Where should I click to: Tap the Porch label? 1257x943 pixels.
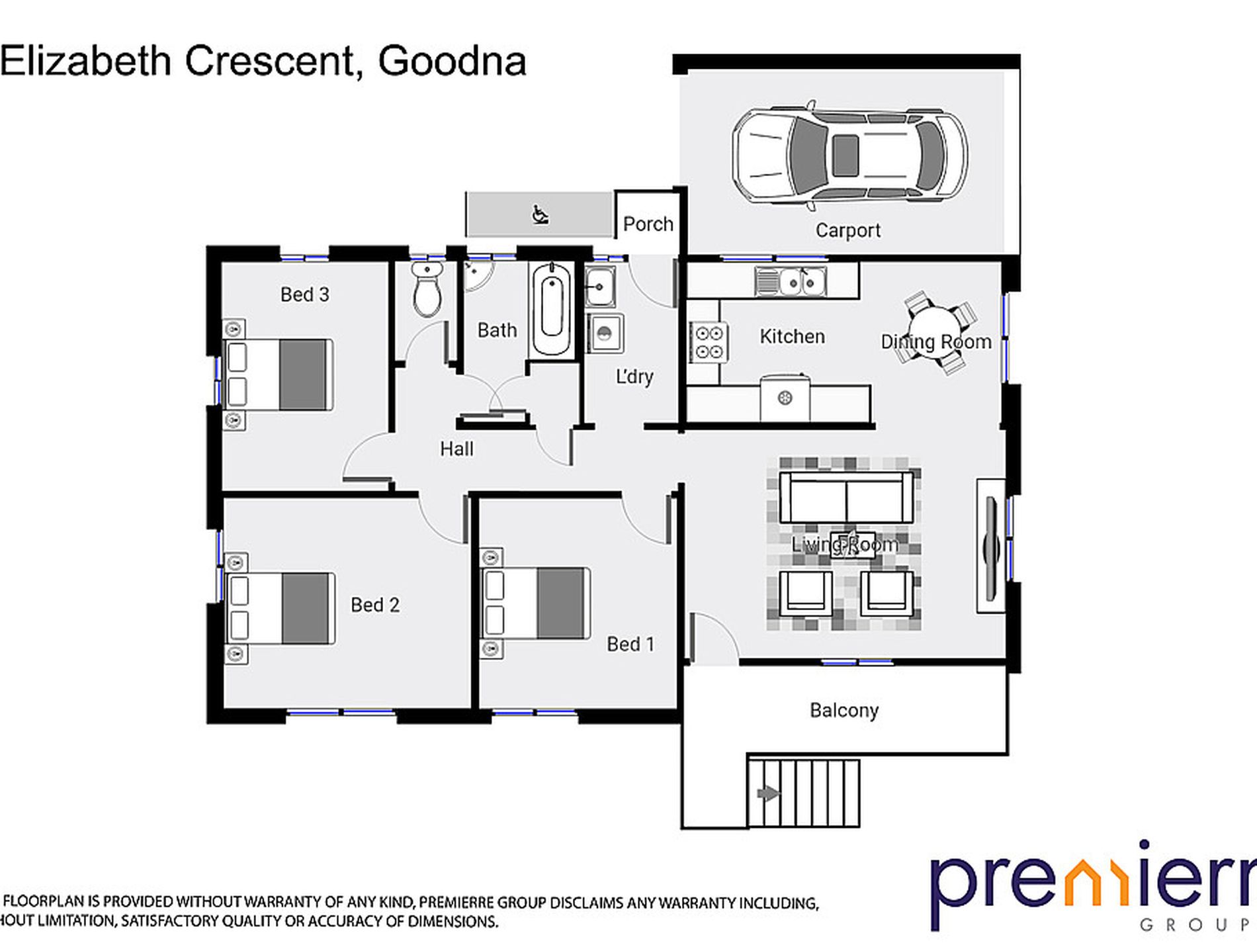pyautogui.click(x=648, y=224)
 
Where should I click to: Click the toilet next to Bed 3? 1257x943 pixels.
pyautogui.click(x=427, y=290)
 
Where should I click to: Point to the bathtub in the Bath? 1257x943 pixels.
pyautogui.click(x=552, y=309)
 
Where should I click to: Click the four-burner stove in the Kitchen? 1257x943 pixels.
pyautogui.click(x=708, y=342)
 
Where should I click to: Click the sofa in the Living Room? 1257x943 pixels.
pyautogui.click(x=846, y=497)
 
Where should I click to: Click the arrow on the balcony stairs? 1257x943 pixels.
pyautogui.click(x=767, y=793)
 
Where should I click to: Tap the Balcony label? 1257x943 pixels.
pyautogui.click(x=844, y=710)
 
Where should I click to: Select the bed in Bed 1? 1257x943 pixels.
pyautogui.click(x=536, y=603)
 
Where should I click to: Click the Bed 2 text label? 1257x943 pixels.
pyautogui.click(x=374, y=605)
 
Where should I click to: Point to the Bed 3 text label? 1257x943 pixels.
pyautogui.click(x=304, y=294)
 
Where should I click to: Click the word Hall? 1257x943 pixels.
pyautogui.click(x=456, y=449)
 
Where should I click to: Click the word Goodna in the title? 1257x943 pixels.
pyautogui.click(x=452, y=62)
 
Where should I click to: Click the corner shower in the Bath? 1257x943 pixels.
pyautogui.click(x=476, y=275)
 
